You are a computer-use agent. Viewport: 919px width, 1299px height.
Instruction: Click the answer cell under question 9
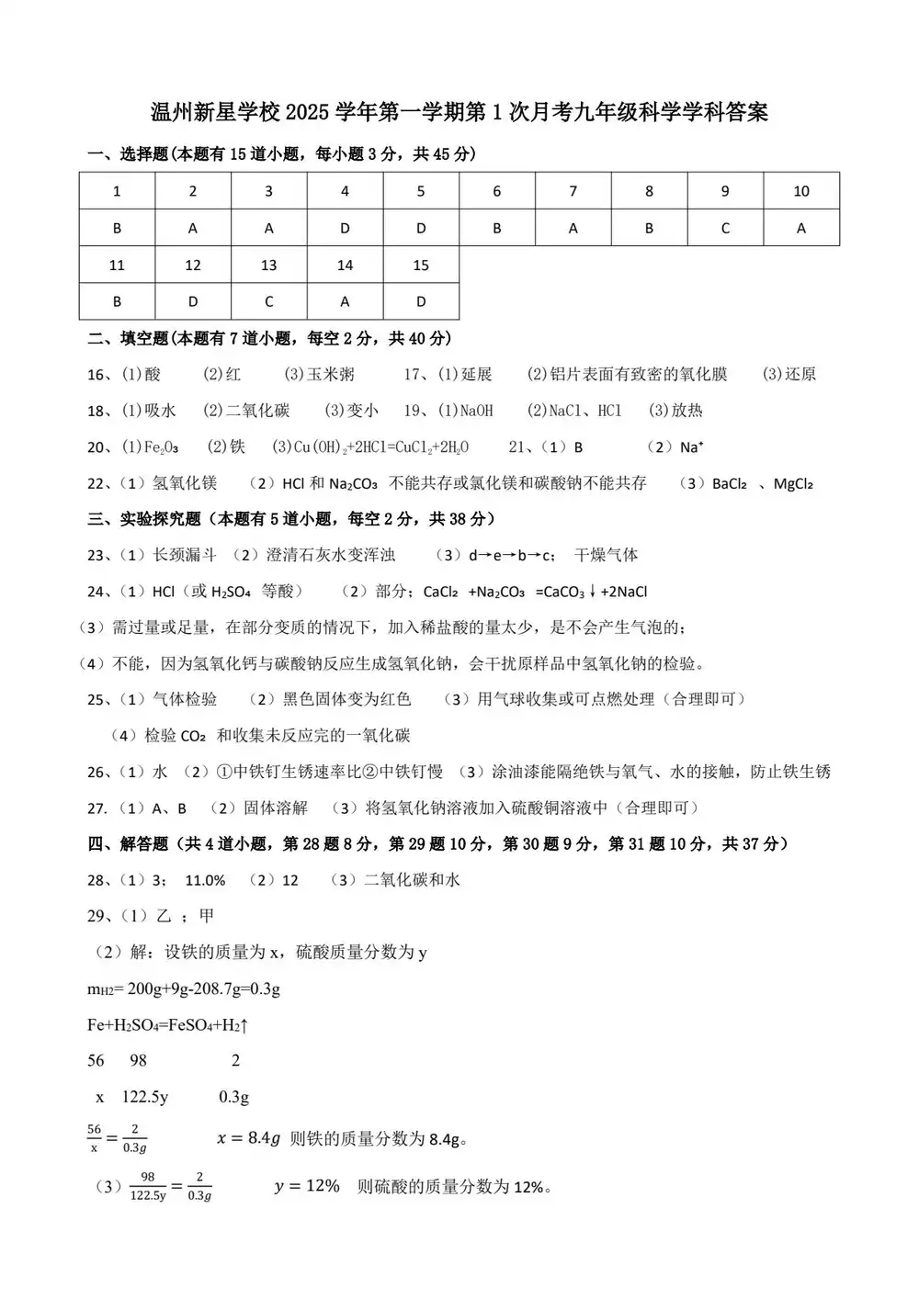tap(725, 228)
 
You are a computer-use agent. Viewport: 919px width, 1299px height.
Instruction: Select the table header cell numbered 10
tap(800, 191)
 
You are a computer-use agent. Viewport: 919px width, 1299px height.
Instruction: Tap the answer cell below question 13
tap(268, 301)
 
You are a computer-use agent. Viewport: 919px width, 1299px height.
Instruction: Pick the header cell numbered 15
tap(421, 265)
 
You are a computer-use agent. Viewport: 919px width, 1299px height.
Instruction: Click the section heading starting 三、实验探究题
tap(290, 519)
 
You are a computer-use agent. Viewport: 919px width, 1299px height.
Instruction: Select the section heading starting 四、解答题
tap(437, 843)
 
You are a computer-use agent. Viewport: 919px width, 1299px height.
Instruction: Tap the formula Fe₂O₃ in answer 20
tap(162, 447)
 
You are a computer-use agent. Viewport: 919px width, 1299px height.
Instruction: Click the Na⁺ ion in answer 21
tap(691, 447)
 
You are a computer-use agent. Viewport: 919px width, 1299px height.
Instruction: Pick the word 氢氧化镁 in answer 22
tap(185, 483)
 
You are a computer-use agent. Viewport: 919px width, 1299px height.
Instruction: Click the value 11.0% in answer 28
tap(205, 880)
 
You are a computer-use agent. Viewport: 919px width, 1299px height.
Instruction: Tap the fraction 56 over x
tap(94, 1139)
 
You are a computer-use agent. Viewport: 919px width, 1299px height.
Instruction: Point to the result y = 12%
tap(307, 1186)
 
